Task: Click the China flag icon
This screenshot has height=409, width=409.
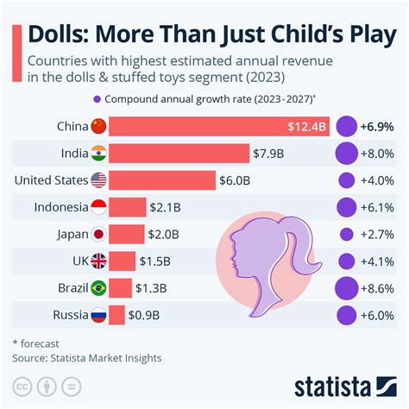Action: (100, 127)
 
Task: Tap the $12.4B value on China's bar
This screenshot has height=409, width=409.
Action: (306, 127)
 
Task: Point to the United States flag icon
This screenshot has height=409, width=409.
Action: (100, 180)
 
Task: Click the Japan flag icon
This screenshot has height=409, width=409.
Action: (100, 234)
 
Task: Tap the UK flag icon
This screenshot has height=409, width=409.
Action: (100, 261)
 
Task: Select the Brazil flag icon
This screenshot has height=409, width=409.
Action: (100, 287)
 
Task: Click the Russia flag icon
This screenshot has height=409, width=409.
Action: (100, 314)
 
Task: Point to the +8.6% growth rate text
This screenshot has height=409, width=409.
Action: (379, 287)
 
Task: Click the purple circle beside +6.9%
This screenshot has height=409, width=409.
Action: (347, 127)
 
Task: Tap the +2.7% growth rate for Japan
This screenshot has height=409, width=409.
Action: (379, 234)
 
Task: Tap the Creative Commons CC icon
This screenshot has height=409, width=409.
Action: (22, 385)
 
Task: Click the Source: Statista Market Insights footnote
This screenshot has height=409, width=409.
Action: (86, 356)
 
